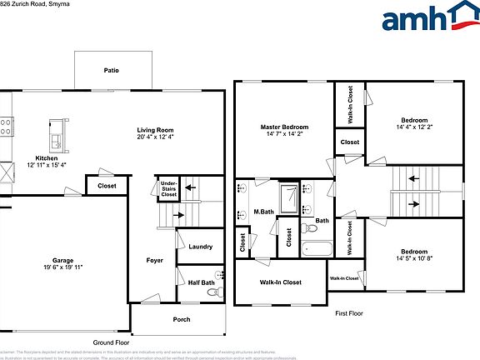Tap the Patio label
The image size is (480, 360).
pyautogui.click(x=111, y=70)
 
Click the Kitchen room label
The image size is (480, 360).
pyautogui.click(x=46, y=158)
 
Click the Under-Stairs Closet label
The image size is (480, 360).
pyautogui.click(x=169, y=188)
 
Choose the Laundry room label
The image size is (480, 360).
pyautogui.click(x=200, y=247)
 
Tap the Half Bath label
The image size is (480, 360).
pyautogui.click(x=201, y=282)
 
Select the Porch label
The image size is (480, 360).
pyautogui.click(x=181, y=319)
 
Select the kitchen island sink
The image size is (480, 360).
pyautogui.click(x=57, y=133)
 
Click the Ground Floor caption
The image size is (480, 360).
pyautogui.click(x=110, y=342)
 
